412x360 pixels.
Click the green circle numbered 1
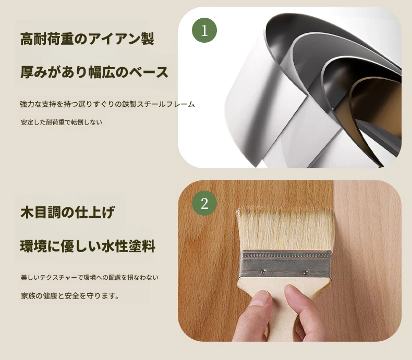pyautogui.click(x=204, y=30)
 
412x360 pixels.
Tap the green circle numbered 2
pyautogui.click(x=204, y=203)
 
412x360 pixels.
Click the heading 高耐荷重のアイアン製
pyautogui.click(x=87, y=39)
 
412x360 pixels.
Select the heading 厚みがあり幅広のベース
pyautogui.click(x=94, y=72)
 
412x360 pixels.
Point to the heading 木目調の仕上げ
pyautogui.click(x=67, y=212)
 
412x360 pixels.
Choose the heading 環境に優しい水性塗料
pyautogui.click(x=88, y=246)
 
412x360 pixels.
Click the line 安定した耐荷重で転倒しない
pyautogui.click(x=62, y=122)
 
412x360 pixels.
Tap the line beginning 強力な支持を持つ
pyautogui.click(x=107, y=104)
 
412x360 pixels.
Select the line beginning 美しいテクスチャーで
pyautogui.click(x=90, y=277)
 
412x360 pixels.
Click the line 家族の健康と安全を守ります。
pyautogui.click(x=70, y=296)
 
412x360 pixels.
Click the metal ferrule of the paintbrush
pyautogui.click(x=286, y=264)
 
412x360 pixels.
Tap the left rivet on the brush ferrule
pyautogui.click(x=263, y=270)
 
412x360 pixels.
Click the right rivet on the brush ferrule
pyautogui.click(x=305, y=271)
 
